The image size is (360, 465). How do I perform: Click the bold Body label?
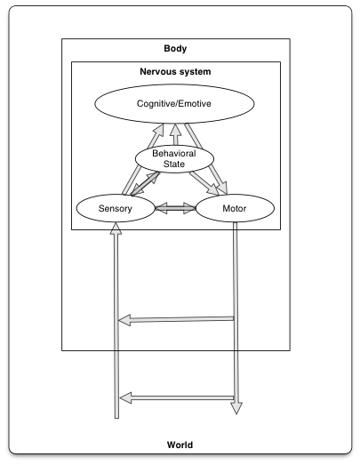pyautogui.click(x=175, y=48)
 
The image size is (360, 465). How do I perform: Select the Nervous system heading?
pyautogui.click(x=175, y=71)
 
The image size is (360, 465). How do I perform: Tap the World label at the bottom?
pyautogui.click(x=180, y=445)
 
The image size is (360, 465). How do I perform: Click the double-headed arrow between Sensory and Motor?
pyautogui.click(x=175, y=208)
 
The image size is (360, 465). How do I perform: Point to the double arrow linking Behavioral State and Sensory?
pyautogui.click(x=145, y=184)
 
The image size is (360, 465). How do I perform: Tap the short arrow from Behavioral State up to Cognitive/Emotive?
pyautogui.click(x=176, y=134)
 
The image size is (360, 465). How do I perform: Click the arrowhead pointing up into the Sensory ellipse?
pyautogui.click(x=116, y=228)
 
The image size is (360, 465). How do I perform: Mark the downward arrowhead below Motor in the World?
pyautogui.click(x=236, y=408)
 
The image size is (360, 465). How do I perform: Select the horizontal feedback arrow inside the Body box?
pyautogui.click(x=176, y=320)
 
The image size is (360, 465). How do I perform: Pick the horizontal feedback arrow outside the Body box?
pyautogui.click(x=177, y=398)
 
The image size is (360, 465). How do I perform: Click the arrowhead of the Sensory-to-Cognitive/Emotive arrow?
pyautogui.click(x=159, y=130)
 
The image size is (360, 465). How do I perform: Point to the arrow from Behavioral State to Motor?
pyautogui.click(x=204, y=183)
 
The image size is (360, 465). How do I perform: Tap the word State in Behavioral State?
pyautogui.click(x=174, y=164)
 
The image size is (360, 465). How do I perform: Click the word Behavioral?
pyautogui.click(x=174, y=153)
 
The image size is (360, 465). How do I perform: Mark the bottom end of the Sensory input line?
pyautogui.click(x=116, y=418)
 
